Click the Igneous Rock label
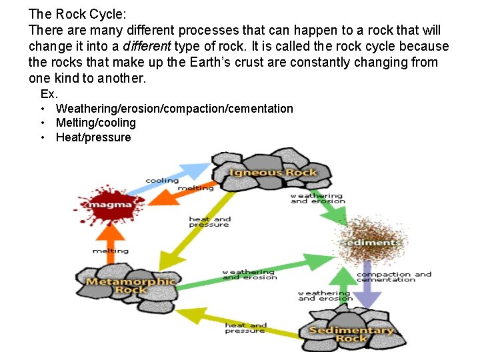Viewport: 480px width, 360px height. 273,173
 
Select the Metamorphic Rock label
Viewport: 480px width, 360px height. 131,285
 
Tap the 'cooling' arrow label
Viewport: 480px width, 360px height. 162,181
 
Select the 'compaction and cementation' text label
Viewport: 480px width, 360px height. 393,277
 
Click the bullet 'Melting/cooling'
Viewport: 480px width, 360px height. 95,123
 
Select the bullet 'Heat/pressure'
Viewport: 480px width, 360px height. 93,137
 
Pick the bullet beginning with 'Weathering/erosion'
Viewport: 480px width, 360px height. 174,108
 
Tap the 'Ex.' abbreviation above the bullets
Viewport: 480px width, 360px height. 49,94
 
